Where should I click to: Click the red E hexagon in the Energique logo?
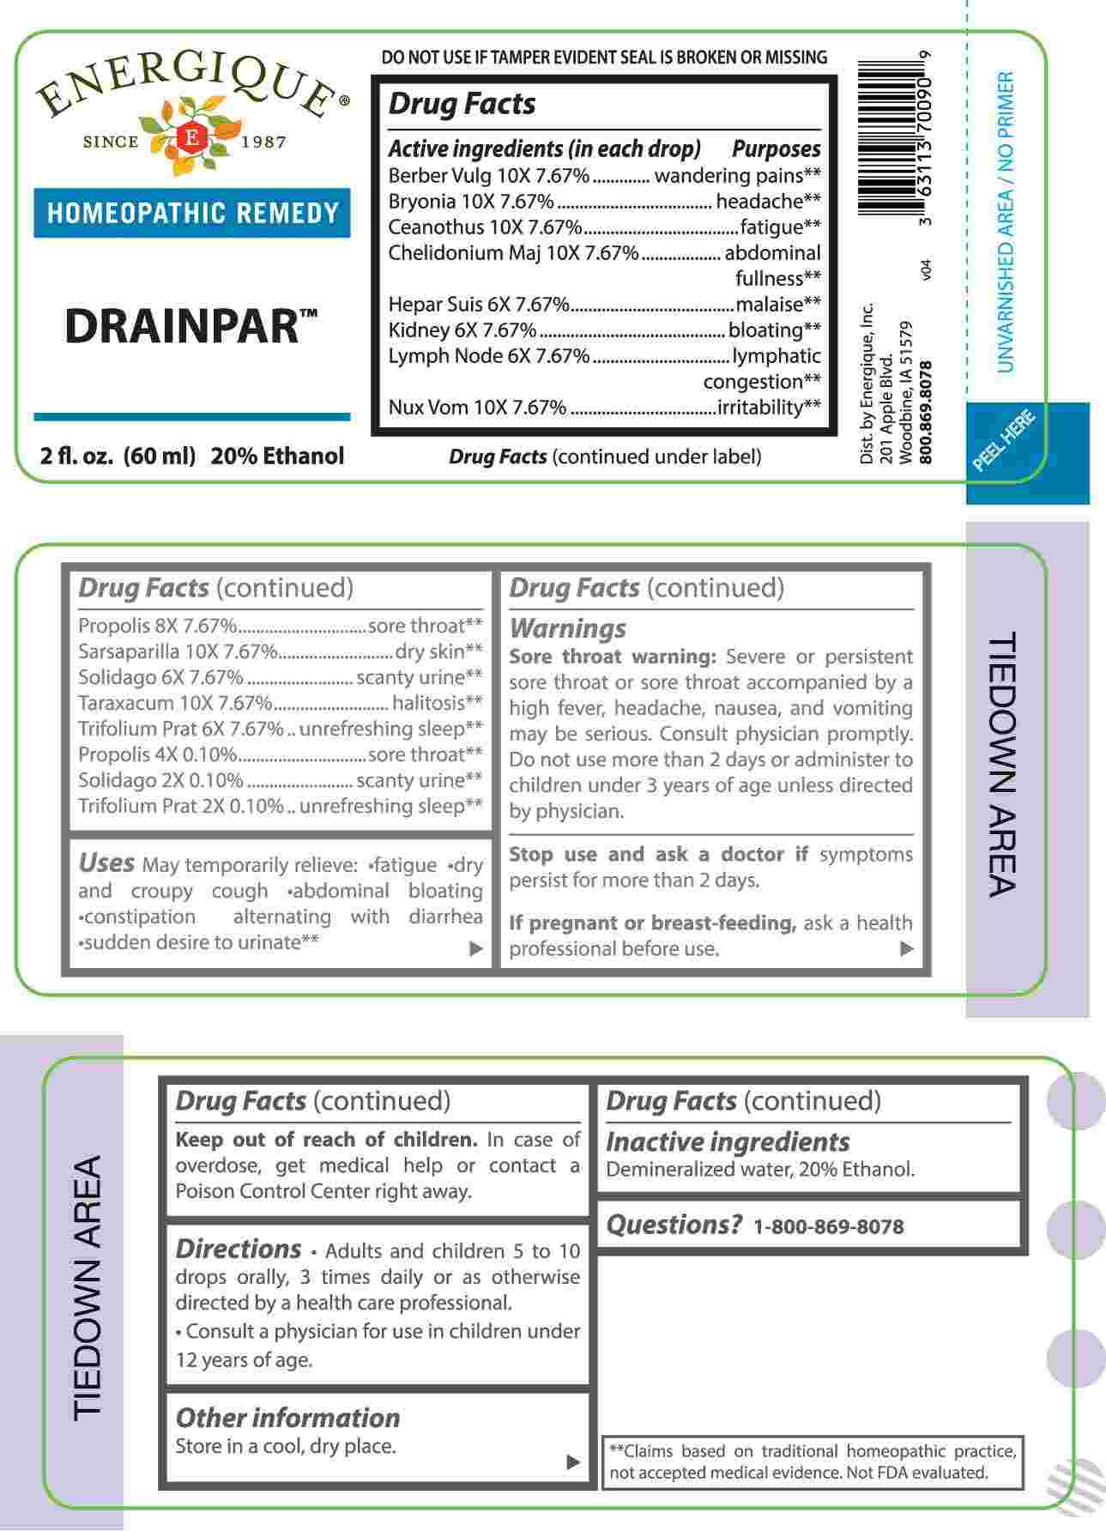point(192,138)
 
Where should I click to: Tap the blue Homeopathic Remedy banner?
point(192,213)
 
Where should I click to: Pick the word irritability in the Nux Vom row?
point(761,408)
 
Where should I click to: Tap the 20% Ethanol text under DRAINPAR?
point(277,457)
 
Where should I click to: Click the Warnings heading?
point(568,628)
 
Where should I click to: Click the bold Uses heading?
point(106,862)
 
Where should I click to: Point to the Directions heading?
point(238,1249)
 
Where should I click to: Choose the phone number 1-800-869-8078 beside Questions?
point(828,1226)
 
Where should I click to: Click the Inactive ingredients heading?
point(728,1142)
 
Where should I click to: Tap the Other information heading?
point(287,1418)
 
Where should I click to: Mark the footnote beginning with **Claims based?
point(813,1461)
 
